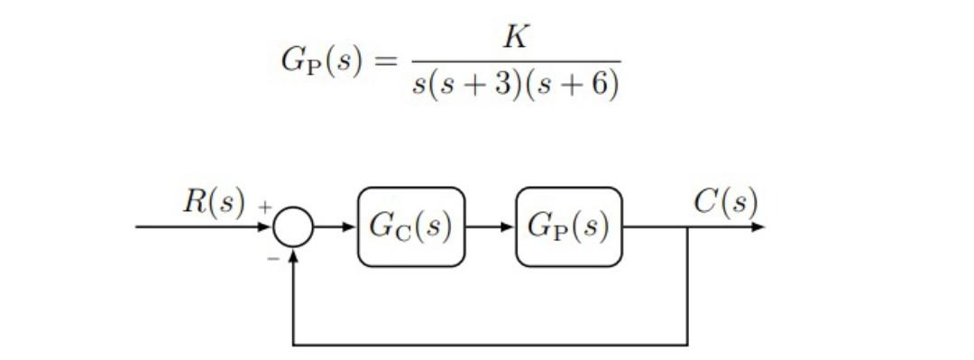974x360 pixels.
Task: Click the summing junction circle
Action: click(x=294, y=226)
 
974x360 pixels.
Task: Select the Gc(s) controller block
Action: click(x=411, y=226)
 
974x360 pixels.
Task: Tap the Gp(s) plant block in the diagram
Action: click(x=568, y=226)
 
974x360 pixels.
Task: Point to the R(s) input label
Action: click(x=214, y=202)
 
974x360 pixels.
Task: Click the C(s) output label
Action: click(x=725, y=202)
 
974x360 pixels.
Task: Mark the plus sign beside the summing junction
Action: click(x=265, y=208)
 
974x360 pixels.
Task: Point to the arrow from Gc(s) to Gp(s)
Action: click(x=490, y=226)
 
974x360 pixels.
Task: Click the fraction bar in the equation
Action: click(x=516, y=62)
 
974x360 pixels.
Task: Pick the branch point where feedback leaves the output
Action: click(x=688, y=226)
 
